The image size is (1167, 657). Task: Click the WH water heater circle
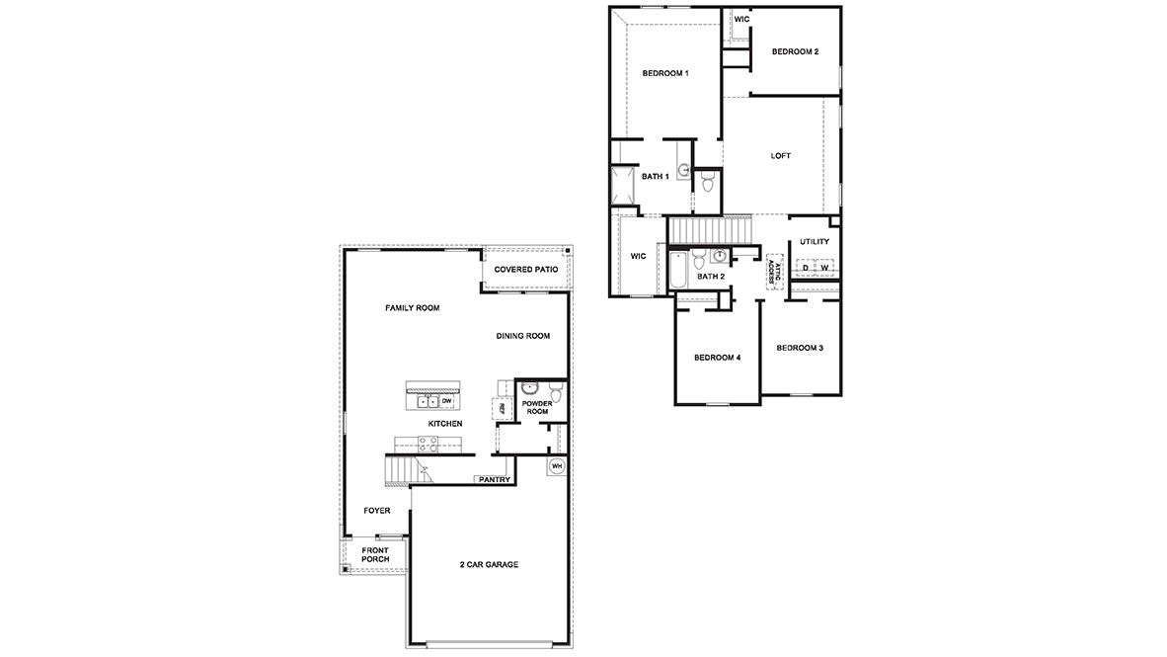click(x=556, y=465)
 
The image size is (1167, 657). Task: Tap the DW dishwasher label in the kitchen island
click(x=446, y=401)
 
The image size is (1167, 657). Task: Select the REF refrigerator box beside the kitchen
click(x=500, y=407)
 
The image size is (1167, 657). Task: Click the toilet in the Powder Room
click(x=556, y=395)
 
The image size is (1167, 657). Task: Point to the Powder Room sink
click(x=529, y=388)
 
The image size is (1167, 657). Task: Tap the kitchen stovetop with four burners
click(x=428, y=444)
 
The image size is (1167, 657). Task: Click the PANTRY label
click(x=494, y=480)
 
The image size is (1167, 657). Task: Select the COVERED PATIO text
click(x=526, y=270)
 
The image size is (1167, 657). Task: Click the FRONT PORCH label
click(x=375, y=554)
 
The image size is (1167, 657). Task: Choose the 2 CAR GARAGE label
click(x=489, y=565)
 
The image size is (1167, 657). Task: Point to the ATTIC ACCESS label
click(x=775, y=272)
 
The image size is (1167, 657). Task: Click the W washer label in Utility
click(x=823, y=268)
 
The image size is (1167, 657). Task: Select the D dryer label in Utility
click(x=806, y=268)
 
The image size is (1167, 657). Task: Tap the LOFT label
click(x=781, y=156)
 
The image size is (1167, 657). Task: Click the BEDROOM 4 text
click(x=717, y=358)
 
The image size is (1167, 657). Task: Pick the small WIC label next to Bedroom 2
click(x=740, y=19)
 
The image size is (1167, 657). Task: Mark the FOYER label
click(x=376, y=511)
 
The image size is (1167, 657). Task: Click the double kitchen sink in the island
click(x=427, y=401)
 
